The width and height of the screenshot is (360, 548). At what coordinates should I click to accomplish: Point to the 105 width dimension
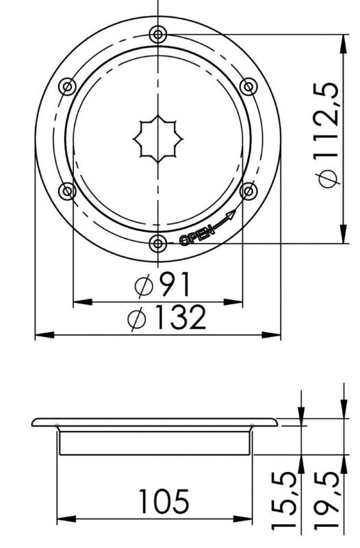click(163, 501)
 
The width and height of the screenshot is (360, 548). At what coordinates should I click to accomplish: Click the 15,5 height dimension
click(287, 502)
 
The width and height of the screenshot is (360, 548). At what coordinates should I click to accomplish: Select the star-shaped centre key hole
click(158, 137)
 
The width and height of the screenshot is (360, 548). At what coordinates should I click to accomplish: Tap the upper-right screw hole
click(249, 86)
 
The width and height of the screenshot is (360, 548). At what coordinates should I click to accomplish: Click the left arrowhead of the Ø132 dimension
click(40, 335)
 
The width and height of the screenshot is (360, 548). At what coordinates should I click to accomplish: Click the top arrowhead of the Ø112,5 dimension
click(340, 36)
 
